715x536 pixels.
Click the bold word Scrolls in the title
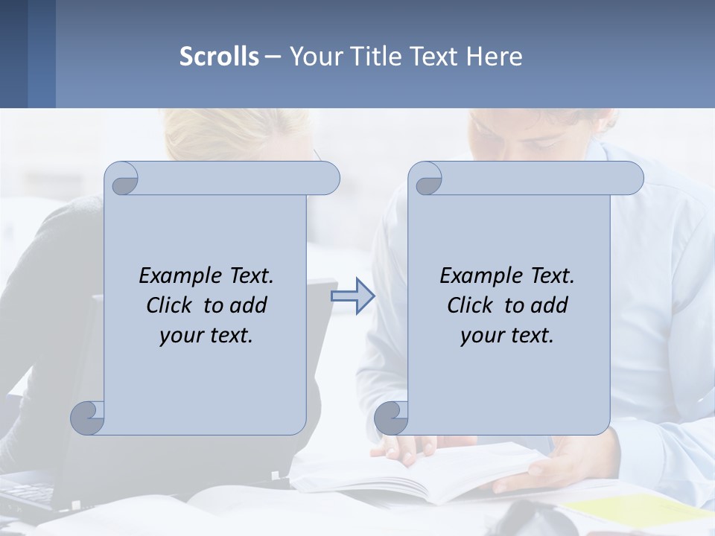219,57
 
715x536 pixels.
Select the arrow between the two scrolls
353,296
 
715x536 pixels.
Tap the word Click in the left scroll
172,305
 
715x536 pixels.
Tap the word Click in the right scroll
473,305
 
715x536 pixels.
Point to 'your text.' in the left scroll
206,335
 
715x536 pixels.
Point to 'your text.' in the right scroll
507,335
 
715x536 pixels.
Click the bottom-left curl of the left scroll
88,418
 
